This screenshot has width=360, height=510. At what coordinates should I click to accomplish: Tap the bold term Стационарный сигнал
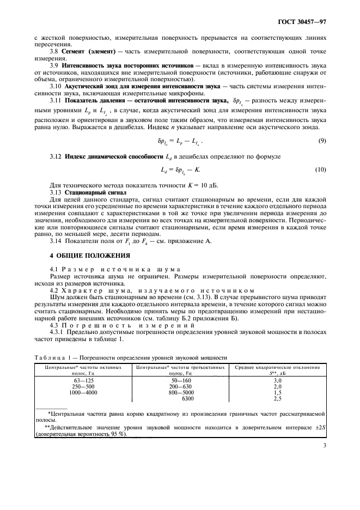(89, 192)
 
